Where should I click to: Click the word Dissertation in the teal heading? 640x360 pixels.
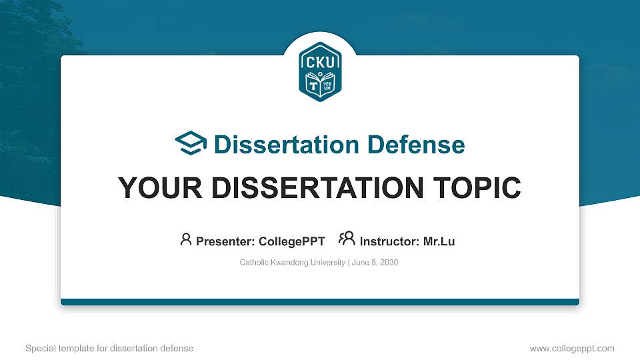click(x=278, y=145)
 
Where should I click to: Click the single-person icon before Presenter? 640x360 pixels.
click(x=186, y=239)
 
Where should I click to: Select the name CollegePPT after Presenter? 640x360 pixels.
click(x=291, y=241)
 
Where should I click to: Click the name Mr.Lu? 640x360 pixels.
click(x=439, y=241)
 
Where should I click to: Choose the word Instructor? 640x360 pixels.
click(x=389, y=241)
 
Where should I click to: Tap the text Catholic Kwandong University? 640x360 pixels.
click(x=292, y=263)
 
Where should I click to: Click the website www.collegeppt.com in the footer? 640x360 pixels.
click(x=571, y=348)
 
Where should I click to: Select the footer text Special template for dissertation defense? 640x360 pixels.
click(x=109, y=348)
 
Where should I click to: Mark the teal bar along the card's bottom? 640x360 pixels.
click(x=320, y=302)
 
